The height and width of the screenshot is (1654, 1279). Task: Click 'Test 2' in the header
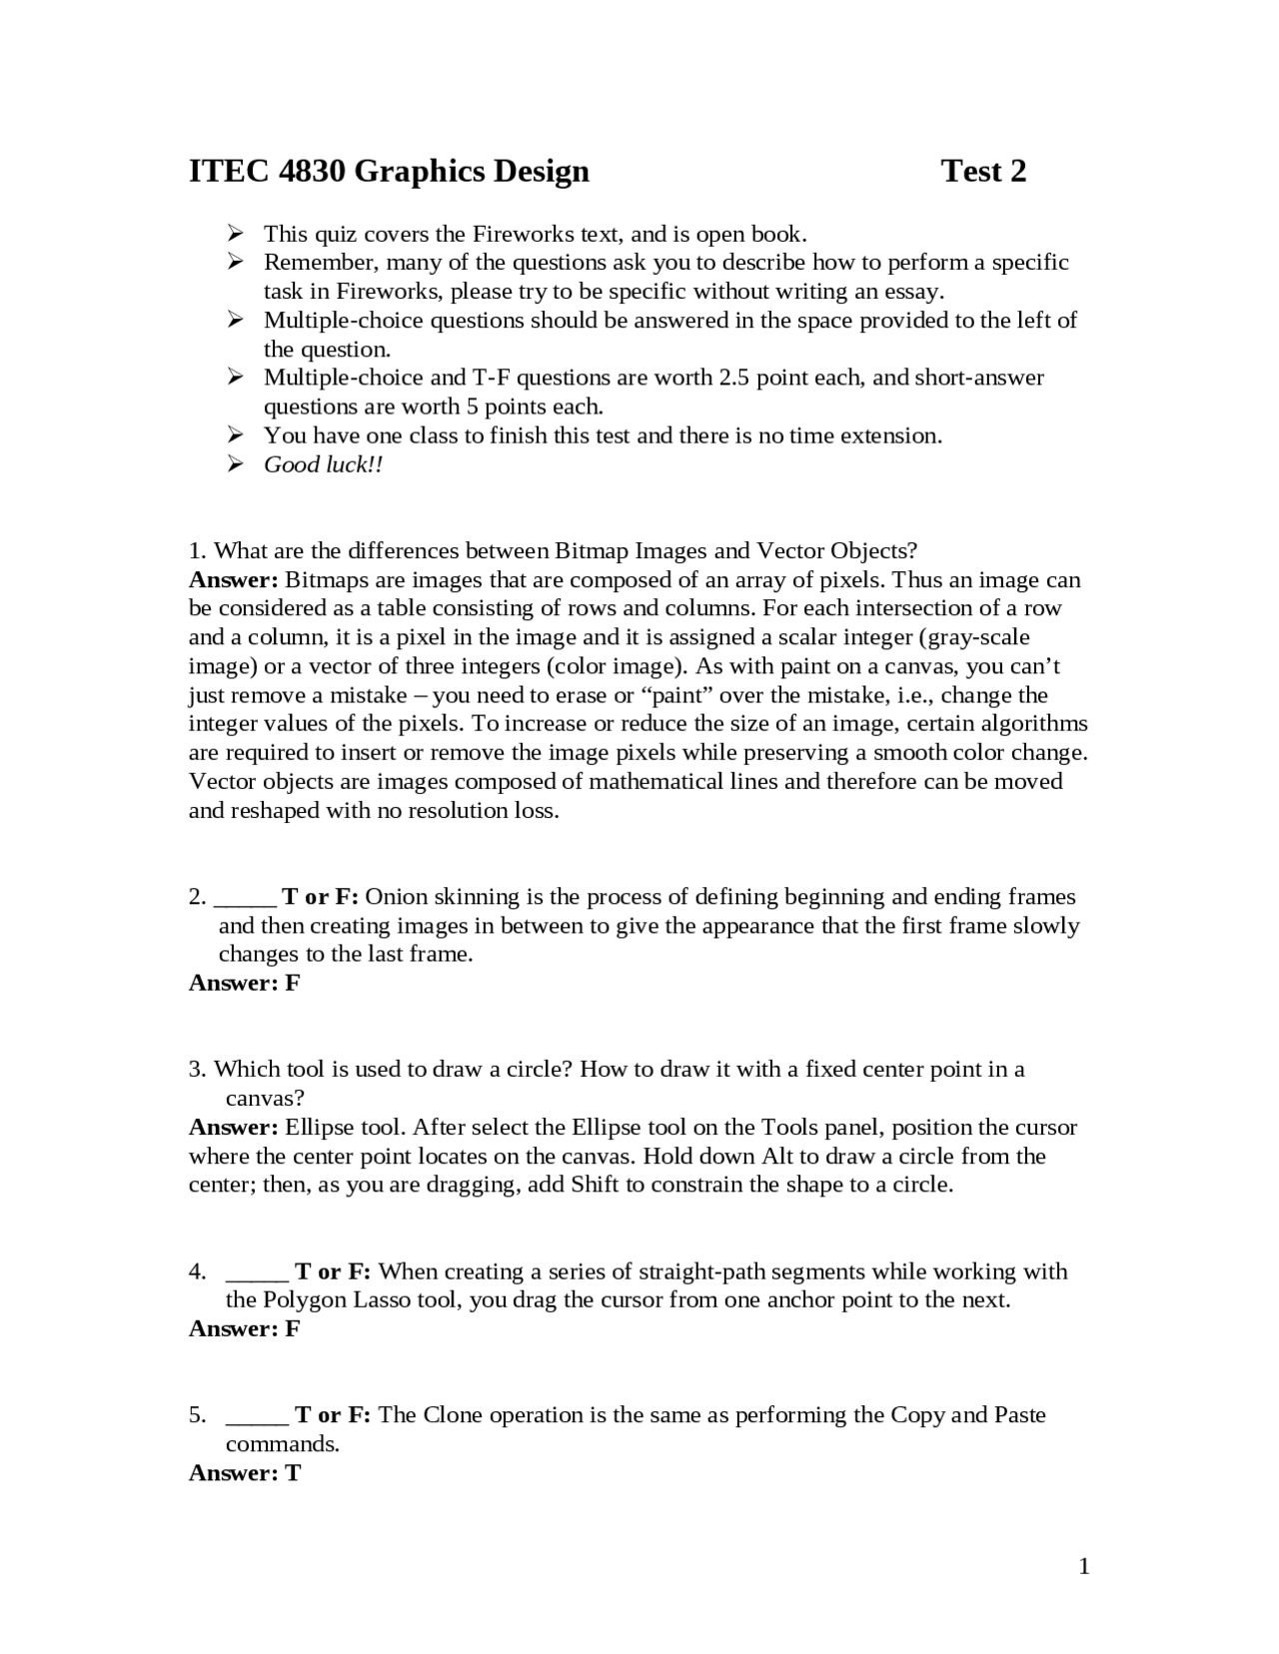(x=983, y=172)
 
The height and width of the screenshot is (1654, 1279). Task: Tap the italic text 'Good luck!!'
(x=323, y=464)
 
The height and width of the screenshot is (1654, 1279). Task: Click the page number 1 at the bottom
(x=1084, y=1566)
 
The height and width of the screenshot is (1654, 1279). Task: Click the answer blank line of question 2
(x=245, y=899)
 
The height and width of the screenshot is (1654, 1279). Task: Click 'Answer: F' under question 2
(x=244, y=983)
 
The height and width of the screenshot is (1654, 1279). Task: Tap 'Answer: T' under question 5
(x=244, y=1473)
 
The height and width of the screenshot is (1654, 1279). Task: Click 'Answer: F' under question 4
(x=244, y=1328)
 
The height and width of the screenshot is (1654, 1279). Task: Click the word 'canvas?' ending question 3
(x=264, y=1099)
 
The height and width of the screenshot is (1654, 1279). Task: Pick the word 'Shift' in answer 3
(x=596, y=1186)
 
